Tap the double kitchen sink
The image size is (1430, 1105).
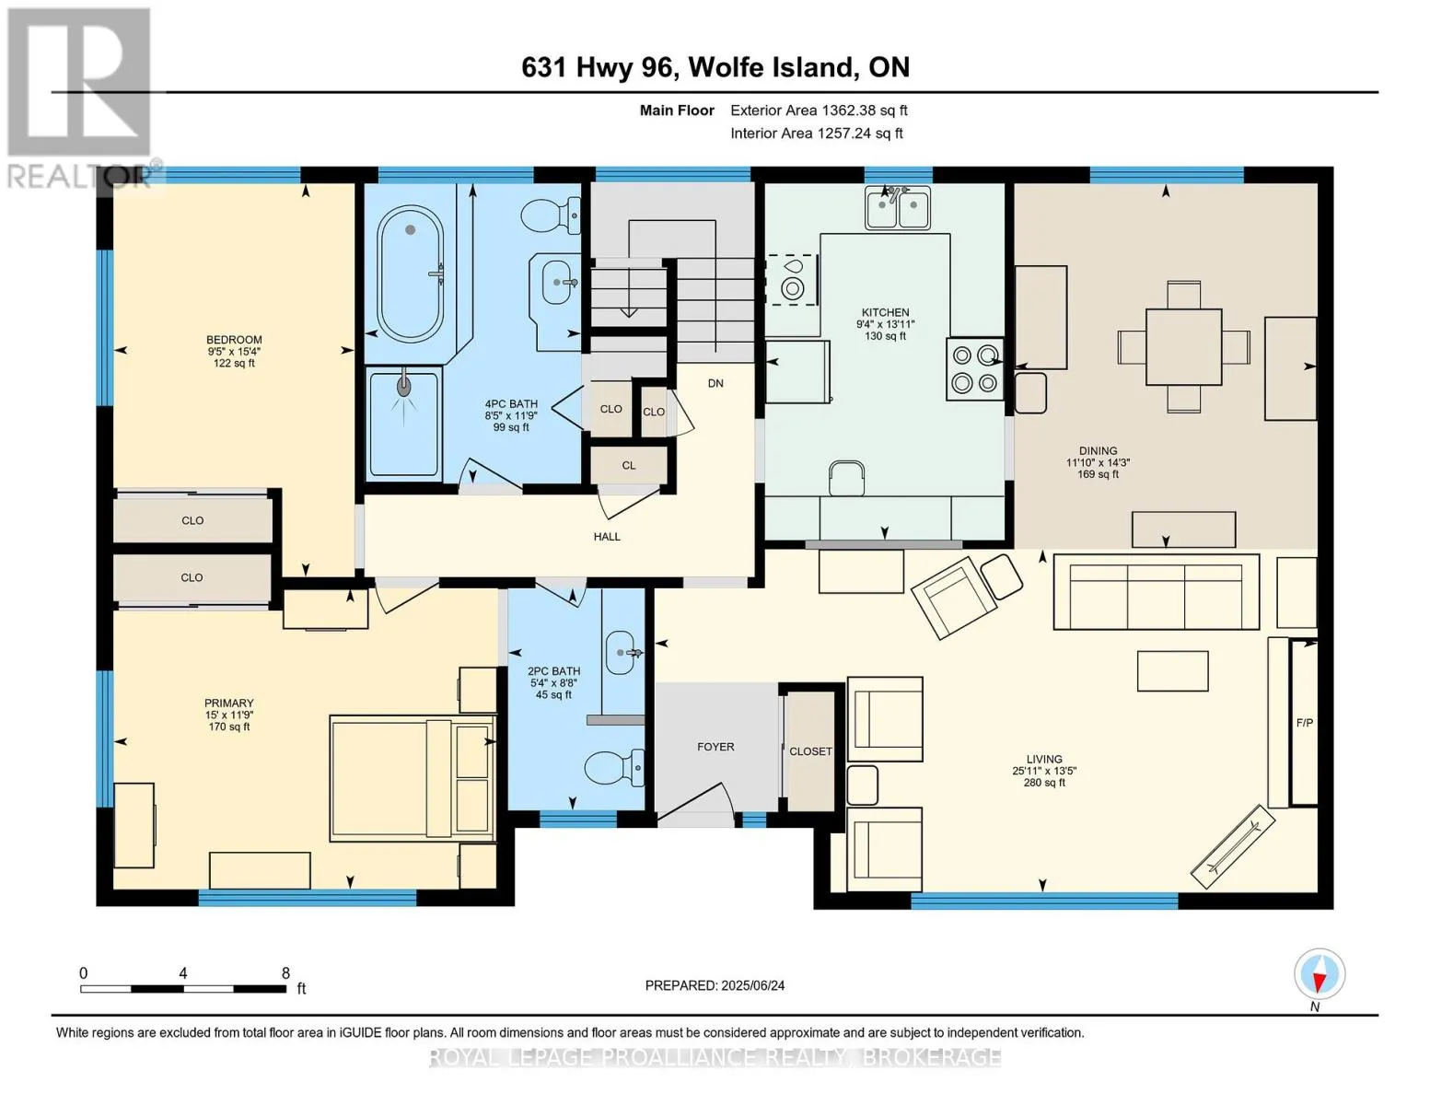[x=898, y=206]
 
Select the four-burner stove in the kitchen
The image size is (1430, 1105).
[x=974, y=368]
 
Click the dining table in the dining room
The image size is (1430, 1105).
[x=1183, y=347]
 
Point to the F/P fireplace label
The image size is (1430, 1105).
[x=1304, y=723]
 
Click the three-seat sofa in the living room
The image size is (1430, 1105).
[x=1157, y=592]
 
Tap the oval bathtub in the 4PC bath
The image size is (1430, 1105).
[x=410, y=273]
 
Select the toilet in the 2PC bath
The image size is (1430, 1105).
[x=614, y=767]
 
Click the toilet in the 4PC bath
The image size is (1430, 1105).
[x=551, y=215]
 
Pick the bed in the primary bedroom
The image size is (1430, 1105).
[x=412, y=778]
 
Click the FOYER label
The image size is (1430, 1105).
[x=715, y=747]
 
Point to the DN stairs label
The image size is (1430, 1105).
[x=715, y=383]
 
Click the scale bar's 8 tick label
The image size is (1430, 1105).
[x=285, y=972]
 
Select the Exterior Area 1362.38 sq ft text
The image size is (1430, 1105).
[x=819, y=110]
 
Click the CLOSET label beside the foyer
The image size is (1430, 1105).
[x=810, y=751]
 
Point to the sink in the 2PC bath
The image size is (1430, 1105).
[x=620, y=652]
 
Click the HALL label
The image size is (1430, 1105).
[x=607, y=536]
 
